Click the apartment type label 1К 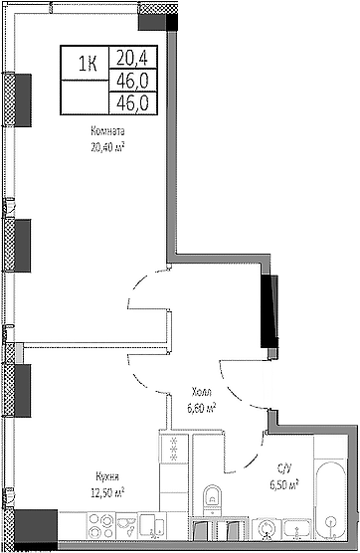coord(88,68)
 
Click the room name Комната coord(109,131)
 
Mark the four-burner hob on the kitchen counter coord(174,448)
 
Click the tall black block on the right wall coord(268,310)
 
